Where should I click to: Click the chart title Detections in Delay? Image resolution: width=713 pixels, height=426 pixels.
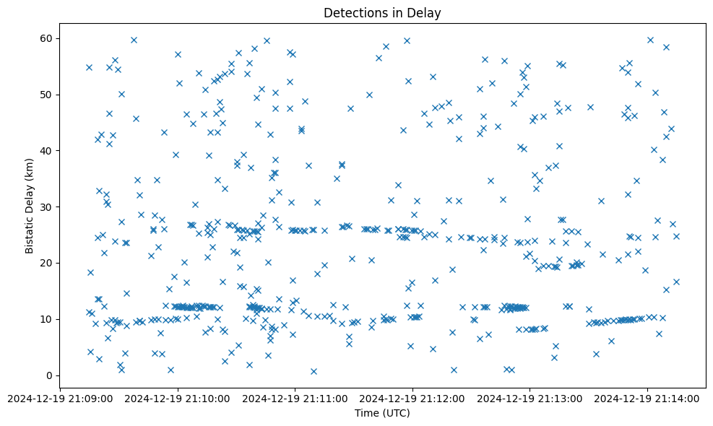pyautogui.click(x=382, y=13)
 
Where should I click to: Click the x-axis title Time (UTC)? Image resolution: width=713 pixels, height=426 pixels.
pyautogui.click(x=382, y=413)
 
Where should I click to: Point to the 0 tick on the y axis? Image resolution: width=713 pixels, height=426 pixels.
pyautogui.click(x=49, y=375)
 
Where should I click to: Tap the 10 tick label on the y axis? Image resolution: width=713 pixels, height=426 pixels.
pyautogui.click(x=46, y=319)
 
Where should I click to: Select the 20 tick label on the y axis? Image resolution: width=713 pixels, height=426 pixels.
pyautogui.click(x=46, y=263)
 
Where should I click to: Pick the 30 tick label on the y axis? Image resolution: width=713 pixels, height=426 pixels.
pyautogui.click(x=46, y=207)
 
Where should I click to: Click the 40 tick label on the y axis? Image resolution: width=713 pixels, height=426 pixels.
pyautogui.click(x=46, y=151)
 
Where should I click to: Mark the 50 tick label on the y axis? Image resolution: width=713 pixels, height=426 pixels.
pyautogui.click(x=46, y=95)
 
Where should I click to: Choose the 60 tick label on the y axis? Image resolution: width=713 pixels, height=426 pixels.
pyautogui.click(x=46, y=38)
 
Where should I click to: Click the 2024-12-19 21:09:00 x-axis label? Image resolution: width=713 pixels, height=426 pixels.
pyautogui.click(x=61, y=398)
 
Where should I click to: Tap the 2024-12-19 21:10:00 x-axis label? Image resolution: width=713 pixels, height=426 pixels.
pyautogui.click(x=178, y=398)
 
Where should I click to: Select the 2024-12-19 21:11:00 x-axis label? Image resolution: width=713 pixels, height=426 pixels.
pyautogui.click(x=295, y=398)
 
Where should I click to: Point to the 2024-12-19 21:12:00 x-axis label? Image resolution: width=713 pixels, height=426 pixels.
pyautogui.click(x=412, y=398)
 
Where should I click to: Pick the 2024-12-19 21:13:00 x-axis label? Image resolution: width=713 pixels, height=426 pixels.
pyautogui.click(x=530, y=398)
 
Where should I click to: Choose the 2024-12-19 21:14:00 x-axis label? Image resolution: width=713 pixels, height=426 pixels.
pyautogui.click(x=647, y=398)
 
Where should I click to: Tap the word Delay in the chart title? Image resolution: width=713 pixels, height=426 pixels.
pyautogui.click(x=426, y=13)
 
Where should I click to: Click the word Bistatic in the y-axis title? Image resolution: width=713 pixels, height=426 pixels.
pyautogui.click(x=30, y=233)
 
